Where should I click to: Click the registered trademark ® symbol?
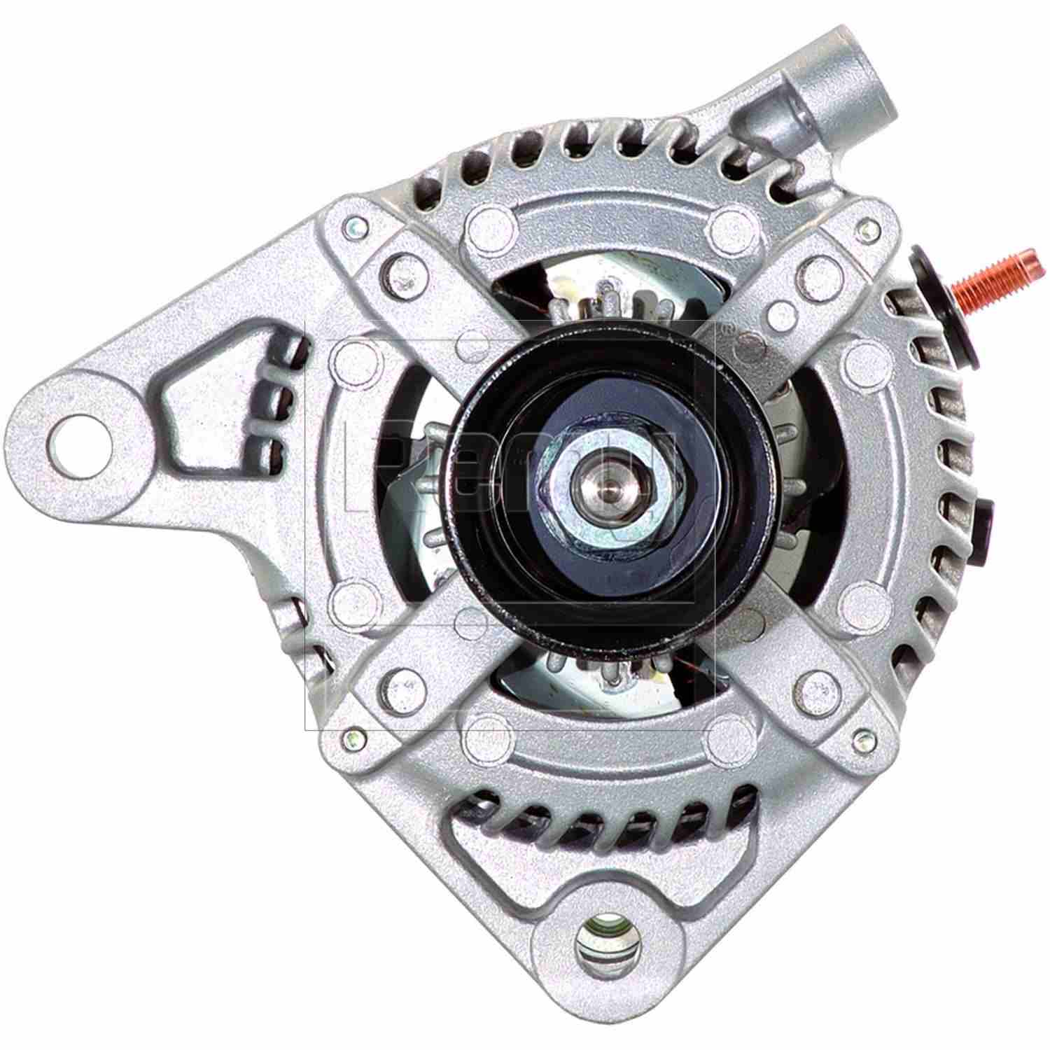click(728, 326)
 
